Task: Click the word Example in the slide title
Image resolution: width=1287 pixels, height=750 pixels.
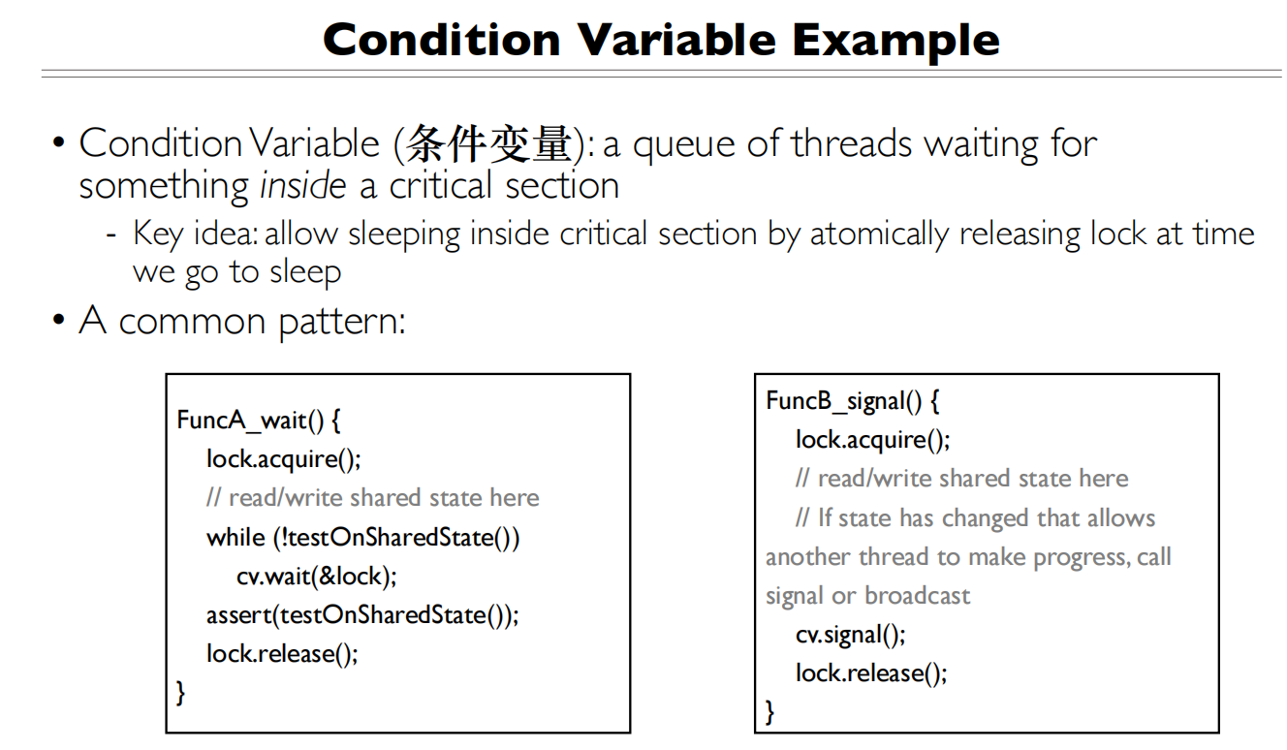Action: pos(895,40)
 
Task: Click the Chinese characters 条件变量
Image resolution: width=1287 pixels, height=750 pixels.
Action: pos(489,143)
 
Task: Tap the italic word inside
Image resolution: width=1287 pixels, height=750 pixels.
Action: pos(302,185)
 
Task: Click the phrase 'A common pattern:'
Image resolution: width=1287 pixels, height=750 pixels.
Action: pos(242,320)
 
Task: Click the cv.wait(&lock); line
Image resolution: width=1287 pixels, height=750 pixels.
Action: pos(317,576)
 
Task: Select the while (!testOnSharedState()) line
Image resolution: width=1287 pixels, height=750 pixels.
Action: pos(363,537)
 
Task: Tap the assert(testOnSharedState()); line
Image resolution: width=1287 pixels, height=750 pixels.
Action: pos(362,614)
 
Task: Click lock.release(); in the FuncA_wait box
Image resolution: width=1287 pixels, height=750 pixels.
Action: pos(282,653)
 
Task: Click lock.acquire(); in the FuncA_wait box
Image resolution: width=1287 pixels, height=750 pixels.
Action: pos(283,459)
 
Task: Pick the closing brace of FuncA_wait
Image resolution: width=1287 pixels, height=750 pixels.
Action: pos(181,692)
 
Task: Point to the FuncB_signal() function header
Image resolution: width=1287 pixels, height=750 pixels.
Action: pos(853,401)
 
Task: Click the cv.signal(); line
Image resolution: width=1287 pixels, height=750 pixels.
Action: pos(851,635)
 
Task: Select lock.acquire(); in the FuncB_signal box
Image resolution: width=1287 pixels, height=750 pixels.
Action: pos(872,440)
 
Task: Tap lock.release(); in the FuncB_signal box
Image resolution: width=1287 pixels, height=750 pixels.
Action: pos(871,673)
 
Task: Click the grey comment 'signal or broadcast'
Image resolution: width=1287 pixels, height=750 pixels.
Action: pos(867,595)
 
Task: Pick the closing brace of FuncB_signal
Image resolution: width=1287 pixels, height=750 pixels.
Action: pos(770,712)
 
